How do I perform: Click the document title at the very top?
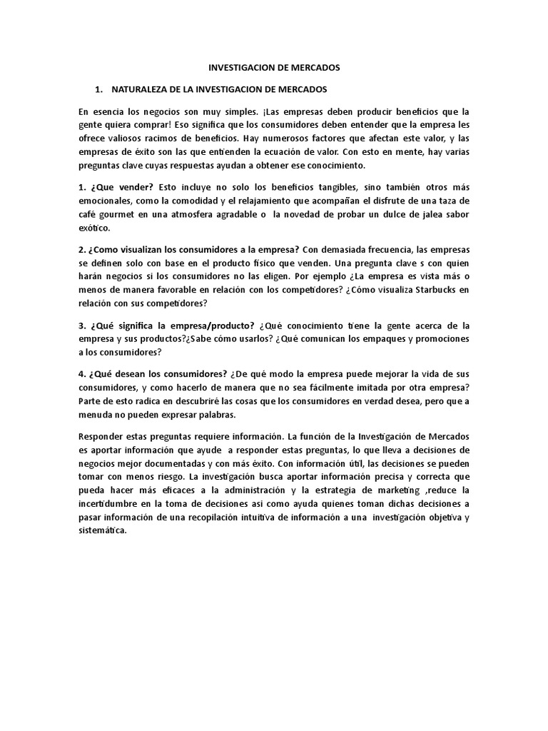(274, 68)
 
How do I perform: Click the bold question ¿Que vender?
(113, 188)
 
